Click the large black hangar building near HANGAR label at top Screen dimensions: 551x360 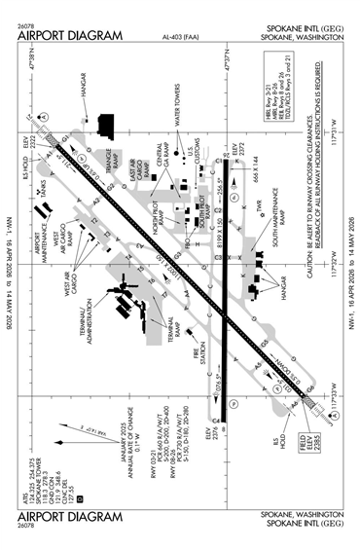tap(104, 125)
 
